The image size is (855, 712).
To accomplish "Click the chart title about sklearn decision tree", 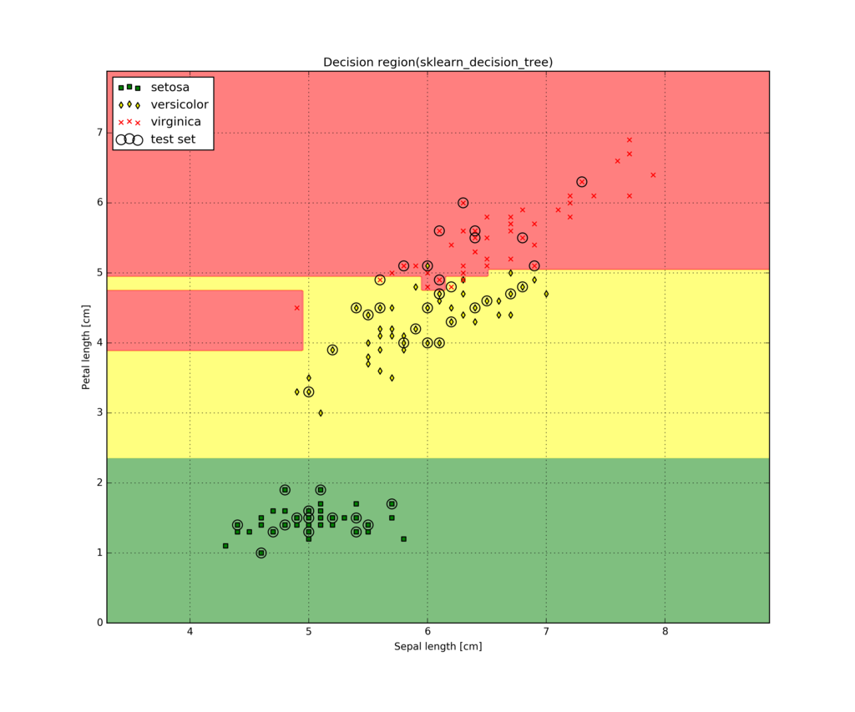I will pyautogui.click(x=438, y=63).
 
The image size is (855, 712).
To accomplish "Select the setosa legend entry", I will pyautogui.click(x=169, y=87).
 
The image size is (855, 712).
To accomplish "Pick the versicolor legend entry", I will pyautogui.click(x=180, y=104).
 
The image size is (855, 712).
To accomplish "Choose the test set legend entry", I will pyautogui.click(x=173, y=139).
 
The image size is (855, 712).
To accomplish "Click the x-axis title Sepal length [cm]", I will pyautogui.click(x=438, y=646).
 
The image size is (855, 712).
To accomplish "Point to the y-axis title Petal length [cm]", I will pyautogui.click(x=86, y=346).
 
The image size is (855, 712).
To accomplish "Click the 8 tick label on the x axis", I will pyautogui.click(x=665, y=632).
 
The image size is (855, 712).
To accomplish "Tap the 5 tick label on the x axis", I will pyautogui.click(x=308, y=632).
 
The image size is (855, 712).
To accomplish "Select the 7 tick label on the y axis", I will pyautogui.click(x=99, y=133).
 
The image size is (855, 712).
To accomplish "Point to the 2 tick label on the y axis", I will pyautogui.click(x=99, y=482).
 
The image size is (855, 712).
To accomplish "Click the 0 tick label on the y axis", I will pyautogui.click(x=99, y=623).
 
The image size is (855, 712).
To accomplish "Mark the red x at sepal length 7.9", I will pyautogui.click(x=653, y=174).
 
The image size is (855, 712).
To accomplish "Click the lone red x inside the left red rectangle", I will pyautogui.click(x=296, y=308).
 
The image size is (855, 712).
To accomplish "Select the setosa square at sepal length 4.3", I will pyautogui.click(x=225, y=546).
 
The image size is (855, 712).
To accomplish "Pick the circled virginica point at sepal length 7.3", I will pyautogui.click(x=581, y=182).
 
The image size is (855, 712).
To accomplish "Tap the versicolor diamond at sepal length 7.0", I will pyautogui.click(x=546, y=294).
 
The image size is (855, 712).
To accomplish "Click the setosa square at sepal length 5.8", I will pyautogui.click(x=403, y=538).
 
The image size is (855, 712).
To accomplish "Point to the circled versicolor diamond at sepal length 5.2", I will pyautogui.click(x=332, y=350).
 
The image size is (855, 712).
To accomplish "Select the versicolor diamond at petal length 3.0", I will pyautogui.click(x=321, y=412).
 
